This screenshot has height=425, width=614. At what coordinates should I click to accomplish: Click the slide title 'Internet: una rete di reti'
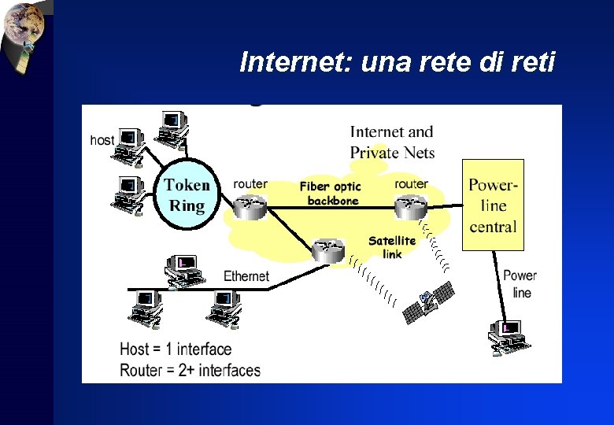pyautogui.click(x=398, y=61)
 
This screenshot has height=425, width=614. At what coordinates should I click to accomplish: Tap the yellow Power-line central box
pyautogui.click(x=492, y=205)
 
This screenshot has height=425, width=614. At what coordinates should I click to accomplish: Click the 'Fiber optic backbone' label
pyautogui.click(x=331, y=194)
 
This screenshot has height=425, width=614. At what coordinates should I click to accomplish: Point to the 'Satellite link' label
pyautogui.click(x=392, y=247)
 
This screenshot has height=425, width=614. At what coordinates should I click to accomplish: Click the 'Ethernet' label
pyautogui.click(x=246, y=276)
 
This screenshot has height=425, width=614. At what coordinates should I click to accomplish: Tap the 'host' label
pyautogui.click(x=102, y=140)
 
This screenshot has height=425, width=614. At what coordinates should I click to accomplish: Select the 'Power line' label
pyautogui.click(x=520, y=284)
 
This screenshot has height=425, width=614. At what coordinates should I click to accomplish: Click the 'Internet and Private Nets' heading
pyautogui.click(x=392, y=142)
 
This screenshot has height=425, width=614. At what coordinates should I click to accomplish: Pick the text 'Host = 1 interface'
pyautogui.click(x=176, y=349)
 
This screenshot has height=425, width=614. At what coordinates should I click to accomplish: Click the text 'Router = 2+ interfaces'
pyautogui.click(x=190, y=369)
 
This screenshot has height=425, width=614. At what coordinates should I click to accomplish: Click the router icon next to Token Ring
pyautogui.click(x=251, y=207)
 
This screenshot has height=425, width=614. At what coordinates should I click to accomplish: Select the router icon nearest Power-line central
pyautogui.click(x=410, y=207)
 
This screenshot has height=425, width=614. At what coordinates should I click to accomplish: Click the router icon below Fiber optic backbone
pyautogui.click(x=327, y=251)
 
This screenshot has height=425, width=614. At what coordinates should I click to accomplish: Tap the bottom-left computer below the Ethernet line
pyautogui.click(x=145, y=309)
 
